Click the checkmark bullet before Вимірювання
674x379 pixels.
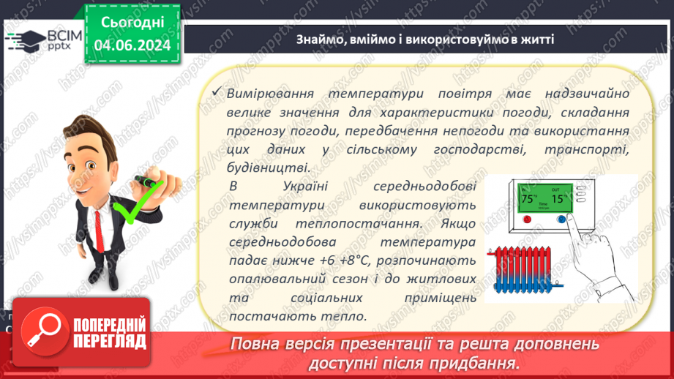coord(215,93)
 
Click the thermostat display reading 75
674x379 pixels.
coord(528,199)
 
